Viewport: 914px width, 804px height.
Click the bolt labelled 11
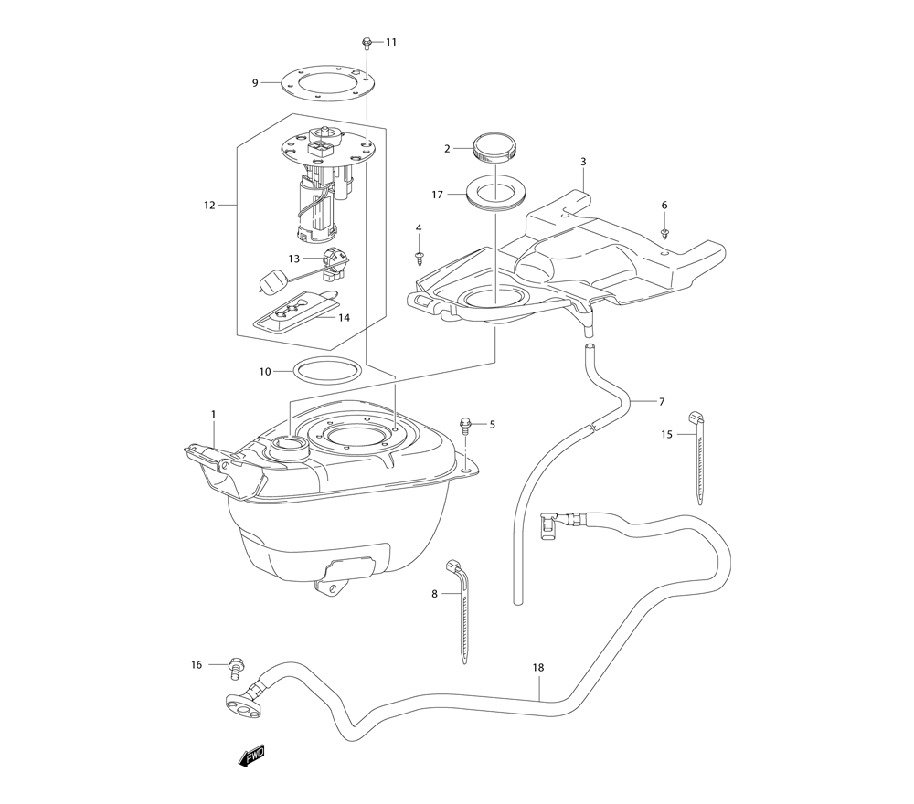tap(367, 43)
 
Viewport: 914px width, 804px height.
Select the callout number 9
tap(255, 83)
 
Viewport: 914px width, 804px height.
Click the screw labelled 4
tap(419, 257)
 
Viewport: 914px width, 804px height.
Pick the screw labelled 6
tap(664, 234)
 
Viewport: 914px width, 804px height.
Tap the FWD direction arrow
tap(252, 756)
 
